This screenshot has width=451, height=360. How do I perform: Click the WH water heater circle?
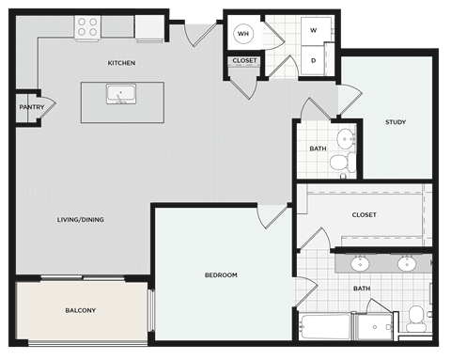[x=244, y=34]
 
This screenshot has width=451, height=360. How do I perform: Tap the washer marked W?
[x=314, y=30]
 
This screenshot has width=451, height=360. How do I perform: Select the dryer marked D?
[x=314, y=60]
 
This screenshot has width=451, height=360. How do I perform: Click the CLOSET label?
[x=244, y=61]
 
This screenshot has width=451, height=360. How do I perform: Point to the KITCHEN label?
[x=121, y=63]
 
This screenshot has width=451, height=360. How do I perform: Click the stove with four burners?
[x=87, y=29]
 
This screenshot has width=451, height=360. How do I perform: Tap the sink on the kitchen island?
[x=121, y=94]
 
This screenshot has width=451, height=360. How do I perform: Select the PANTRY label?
[x=31, y=107]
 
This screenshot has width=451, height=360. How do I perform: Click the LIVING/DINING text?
[x=80, y=220]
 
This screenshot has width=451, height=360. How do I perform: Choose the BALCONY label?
[x=81, y=309]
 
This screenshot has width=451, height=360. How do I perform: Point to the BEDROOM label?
[x=221, y=274]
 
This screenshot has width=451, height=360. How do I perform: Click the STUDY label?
[x=395, y=122]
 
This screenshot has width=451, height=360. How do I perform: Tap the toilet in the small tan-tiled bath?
[x=343, y=163]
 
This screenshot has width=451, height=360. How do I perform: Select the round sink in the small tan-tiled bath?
[x=345, y=139]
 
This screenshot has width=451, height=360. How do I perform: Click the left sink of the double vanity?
[x=361, y=263]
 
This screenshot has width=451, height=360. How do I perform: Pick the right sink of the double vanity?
[x=407, y=263]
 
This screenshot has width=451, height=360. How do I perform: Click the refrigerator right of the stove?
[x=149, y=29]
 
